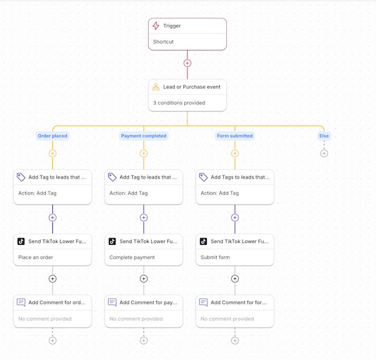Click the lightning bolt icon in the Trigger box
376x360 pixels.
[x=156, y=26]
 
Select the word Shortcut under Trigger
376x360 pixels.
[x=163, y=42]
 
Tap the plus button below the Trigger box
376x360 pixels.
[x=187, y=63]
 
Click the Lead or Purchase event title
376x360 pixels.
[x=192, y=87]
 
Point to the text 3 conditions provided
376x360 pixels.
[x=179, y=103]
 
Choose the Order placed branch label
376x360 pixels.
[x=52, y=136]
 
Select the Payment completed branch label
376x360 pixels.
[x=143, y=136]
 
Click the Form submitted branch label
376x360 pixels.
[x=235, y=136]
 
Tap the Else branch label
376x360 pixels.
[x=324, y=136]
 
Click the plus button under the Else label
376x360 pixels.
[x=324, y=153]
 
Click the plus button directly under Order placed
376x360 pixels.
[x=52, y=153]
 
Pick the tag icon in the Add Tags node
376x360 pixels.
[x=203, y=177]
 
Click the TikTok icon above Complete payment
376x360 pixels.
[x=112, y=241]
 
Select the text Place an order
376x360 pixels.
[x=35, y=257]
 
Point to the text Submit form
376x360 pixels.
[x=215, y=257]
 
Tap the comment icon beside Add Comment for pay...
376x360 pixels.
[x=112, y=302]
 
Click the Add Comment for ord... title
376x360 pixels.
[x=57, y=302]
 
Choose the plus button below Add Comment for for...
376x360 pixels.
[x=235, y=341]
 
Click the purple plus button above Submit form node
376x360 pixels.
[x=235, y=218]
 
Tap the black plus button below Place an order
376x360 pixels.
[x=52, y=279]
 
